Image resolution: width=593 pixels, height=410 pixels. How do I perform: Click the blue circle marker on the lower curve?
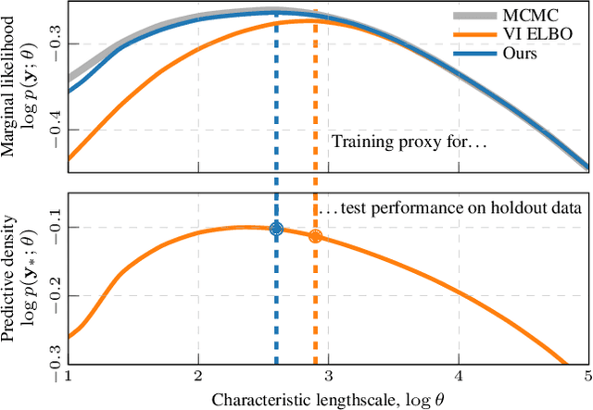pos(276,229)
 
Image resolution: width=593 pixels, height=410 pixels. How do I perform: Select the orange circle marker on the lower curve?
pos(315,236)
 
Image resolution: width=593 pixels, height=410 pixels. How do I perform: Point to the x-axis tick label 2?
pos(197,377)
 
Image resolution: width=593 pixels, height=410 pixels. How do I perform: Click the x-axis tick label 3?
pos(328,377)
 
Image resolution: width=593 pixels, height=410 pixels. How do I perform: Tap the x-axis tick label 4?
pos(459,377)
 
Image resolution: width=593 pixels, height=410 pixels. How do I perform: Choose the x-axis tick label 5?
pos(587,377)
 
